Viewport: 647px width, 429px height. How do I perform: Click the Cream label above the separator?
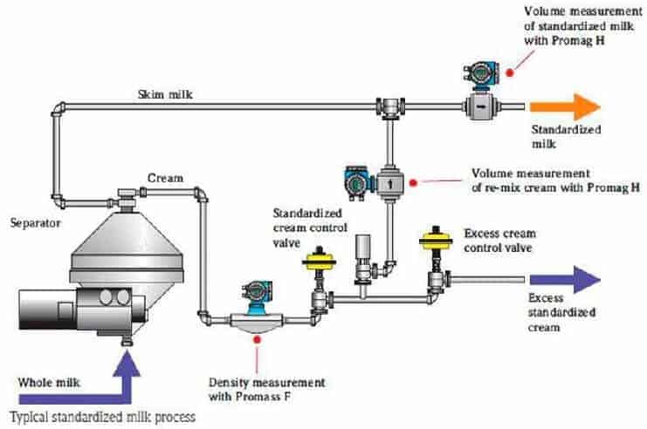(x=165, y=178)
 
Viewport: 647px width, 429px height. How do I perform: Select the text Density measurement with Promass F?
(x=266, y=390)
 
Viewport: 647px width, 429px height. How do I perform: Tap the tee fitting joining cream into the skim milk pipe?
(x=389, y=107)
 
